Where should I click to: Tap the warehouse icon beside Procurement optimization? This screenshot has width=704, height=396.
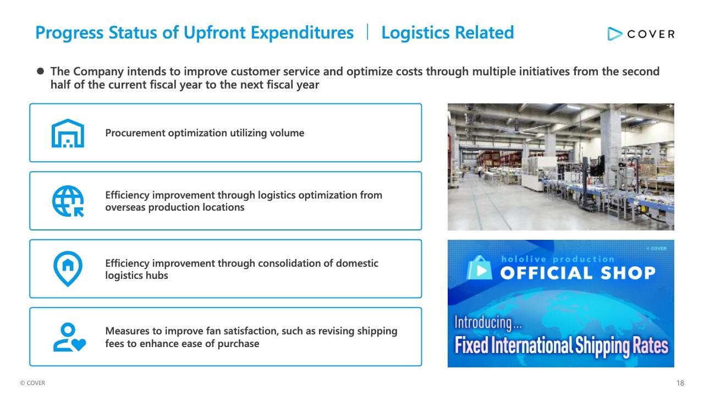pos(68,133)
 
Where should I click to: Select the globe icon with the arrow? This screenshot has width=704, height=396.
pos(68,201)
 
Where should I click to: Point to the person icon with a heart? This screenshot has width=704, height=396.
pos(69,337)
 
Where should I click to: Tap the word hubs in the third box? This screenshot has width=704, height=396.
pos(158,276)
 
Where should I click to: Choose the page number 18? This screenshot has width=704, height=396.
pos(680,383)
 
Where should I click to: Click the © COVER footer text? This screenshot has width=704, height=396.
pos(32,383)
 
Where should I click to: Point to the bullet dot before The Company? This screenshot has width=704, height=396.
pos(40,71)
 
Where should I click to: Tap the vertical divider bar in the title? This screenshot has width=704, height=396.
pos(367,32)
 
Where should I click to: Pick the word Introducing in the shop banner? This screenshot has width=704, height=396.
pos(483,323)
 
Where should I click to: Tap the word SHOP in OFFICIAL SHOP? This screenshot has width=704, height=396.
pos(628,273)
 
